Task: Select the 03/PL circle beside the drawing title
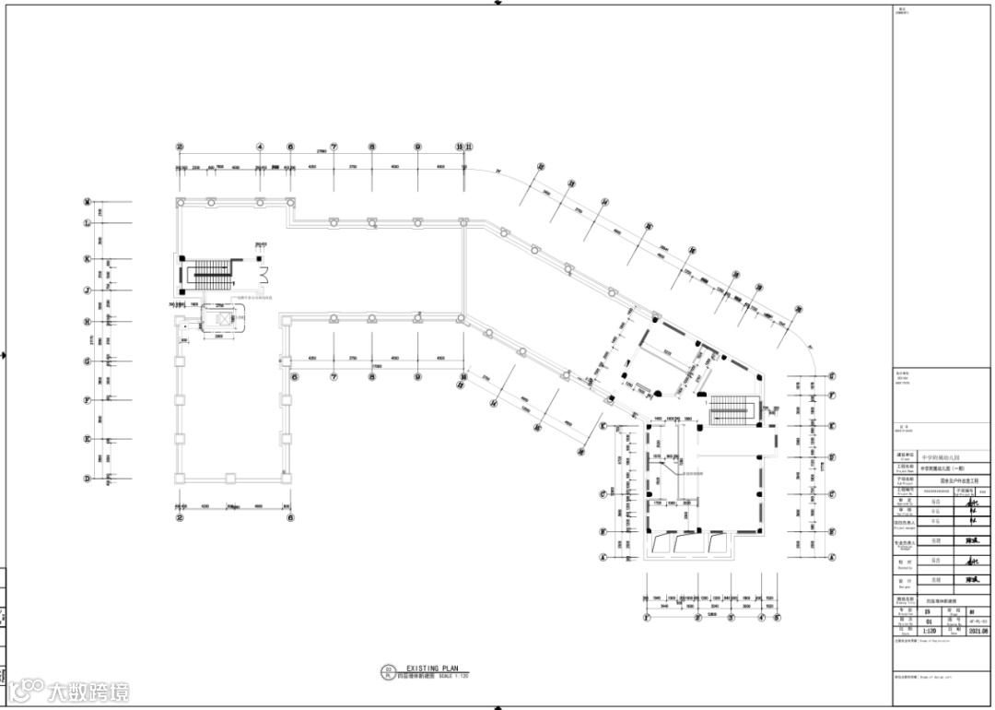point(388,671)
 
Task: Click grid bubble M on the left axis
point(88,201)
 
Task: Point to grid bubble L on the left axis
point(88,223)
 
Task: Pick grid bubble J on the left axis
point(88,290)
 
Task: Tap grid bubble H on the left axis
point(88,322)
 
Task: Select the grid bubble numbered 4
point(260,146)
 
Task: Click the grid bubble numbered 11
point(470,146)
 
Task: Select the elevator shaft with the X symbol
point(221,318)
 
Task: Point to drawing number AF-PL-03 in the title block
point(978,621)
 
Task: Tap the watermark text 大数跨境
point(88,691)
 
